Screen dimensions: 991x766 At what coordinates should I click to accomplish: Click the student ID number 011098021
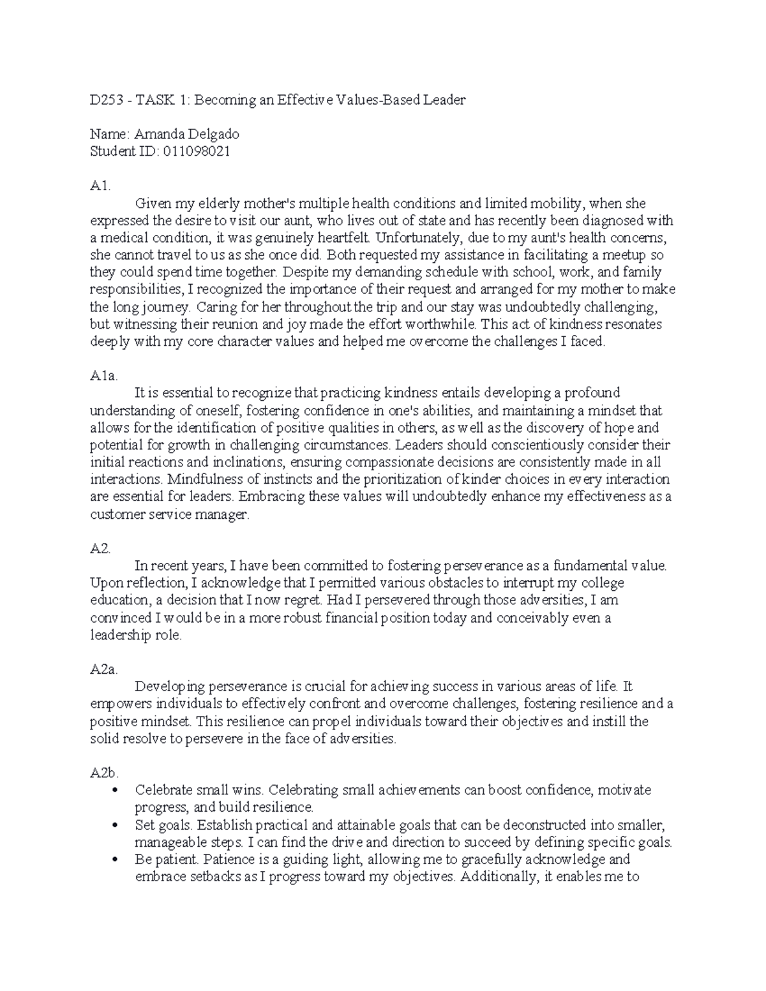click(197, 151)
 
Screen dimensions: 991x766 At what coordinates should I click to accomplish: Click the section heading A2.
click(100, 548)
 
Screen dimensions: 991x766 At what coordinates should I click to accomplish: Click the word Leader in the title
click(446, 100)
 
